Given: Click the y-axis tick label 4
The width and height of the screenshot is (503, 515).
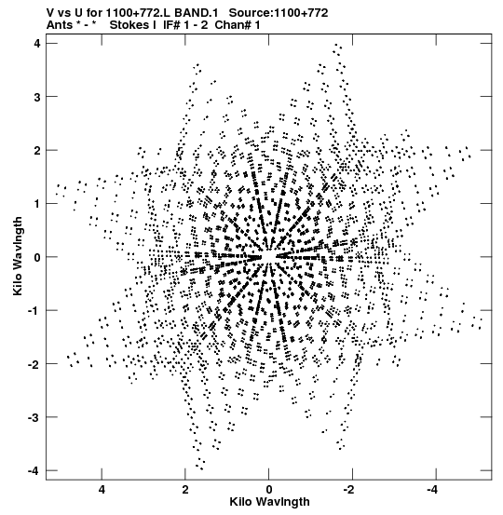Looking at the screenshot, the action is coord(37,44).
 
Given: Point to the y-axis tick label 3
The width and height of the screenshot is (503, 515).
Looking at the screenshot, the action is coord(37,97).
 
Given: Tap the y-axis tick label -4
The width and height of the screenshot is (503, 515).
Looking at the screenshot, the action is coord(34,470).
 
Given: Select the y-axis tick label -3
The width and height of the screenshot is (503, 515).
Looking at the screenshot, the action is coord(34,417).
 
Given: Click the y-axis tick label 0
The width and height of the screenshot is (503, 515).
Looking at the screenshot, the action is coord(37,257).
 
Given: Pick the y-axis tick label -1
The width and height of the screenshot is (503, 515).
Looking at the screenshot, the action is coord(34,311).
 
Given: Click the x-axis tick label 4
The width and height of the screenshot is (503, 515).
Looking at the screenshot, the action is coord(102,490).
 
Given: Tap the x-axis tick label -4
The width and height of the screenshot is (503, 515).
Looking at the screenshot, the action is coord(433,490).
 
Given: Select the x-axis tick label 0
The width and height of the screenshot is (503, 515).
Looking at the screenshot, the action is coord(269,490).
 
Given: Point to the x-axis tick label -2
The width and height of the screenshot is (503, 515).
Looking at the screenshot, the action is coord(349,490).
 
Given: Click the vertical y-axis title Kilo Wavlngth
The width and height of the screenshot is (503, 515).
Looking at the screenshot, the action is coord(18,256).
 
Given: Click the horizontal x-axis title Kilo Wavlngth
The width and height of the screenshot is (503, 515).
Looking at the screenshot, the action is coord(269,502).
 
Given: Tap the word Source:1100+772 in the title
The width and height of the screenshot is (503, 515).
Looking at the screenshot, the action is coord(279,13).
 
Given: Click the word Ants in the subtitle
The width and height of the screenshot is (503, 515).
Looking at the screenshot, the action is coord(60,24).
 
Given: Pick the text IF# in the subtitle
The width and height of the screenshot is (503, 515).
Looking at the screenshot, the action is coord(171,24).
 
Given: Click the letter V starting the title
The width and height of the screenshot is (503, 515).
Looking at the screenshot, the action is coord(50,13).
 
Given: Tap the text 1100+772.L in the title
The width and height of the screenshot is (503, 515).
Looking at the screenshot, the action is coord(138,13).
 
